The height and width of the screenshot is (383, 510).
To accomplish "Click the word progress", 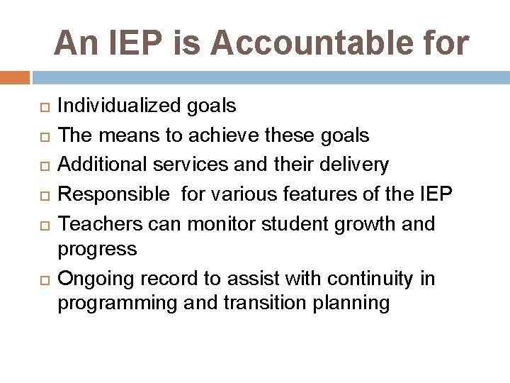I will [97, 249].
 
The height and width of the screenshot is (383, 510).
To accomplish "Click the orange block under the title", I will [14, 77].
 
